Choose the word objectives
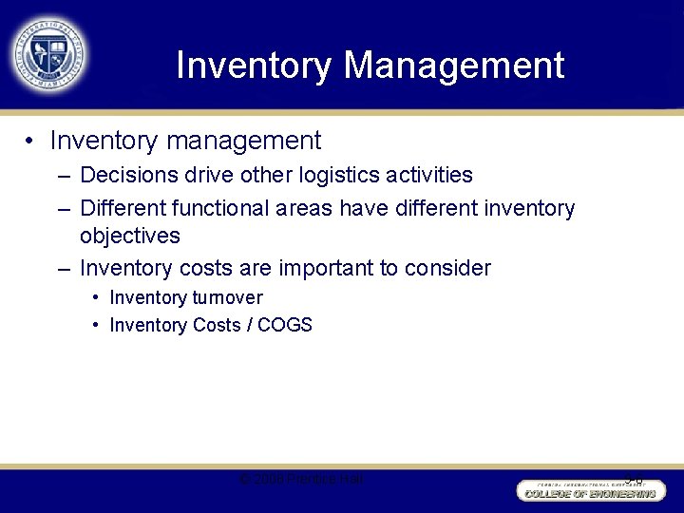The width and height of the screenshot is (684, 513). click(x=129, y=236)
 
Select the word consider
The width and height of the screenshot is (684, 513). click(x=449, y=268)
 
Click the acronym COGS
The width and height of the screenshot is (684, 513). click(x=284, y=325)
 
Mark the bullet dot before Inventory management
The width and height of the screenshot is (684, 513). click(x=31, y=142)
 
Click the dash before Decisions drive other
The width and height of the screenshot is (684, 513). click(x=63, y=175)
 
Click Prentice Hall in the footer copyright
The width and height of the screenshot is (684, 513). click(x=329, y=480)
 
